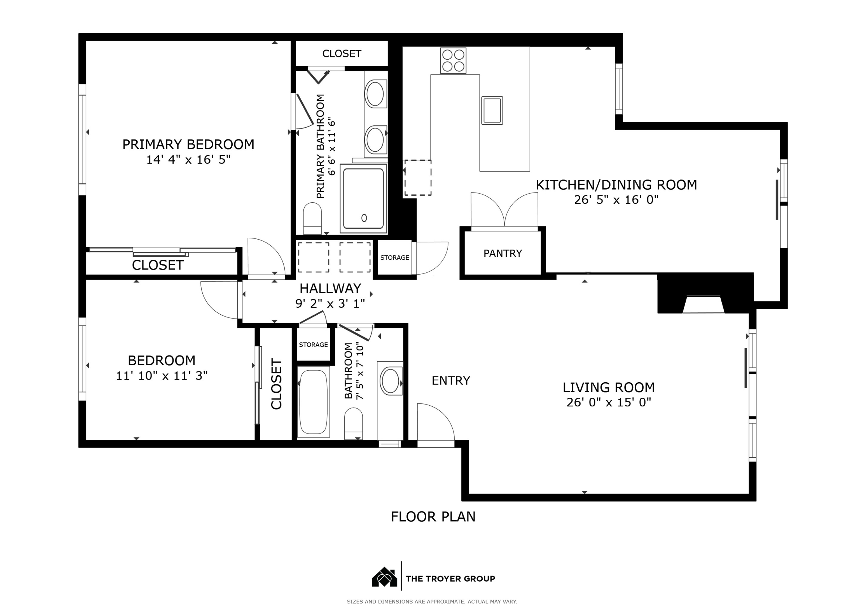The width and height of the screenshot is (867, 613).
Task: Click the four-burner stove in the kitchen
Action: [453, 60]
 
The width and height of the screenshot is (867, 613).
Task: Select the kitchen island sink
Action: [492, 110]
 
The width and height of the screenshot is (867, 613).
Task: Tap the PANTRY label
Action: [502, 253]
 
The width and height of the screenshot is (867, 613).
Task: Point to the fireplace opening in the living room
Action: [703, 305]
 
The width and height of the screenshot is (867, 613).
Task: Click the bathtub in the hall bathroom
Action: [314, 402]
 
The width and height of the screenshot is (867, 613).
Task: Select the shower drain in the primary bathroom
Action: [364, 218]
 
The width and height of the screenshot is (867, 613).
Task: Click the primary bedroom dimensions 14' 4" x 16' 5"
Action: [189, 160]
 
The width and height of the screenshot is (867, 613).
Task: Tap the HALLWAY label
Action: [331, 289]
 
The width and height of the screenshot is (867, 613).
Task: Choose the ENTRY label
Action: [451, 381]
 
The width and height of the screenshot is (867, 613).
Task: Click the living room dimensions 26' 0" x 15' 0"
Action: [609, 403]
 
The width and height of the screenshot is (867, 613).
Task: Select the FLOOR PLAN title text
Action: [433, 517]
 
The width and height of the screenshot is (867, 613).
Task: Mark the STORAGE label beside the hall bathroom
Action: [314, 345]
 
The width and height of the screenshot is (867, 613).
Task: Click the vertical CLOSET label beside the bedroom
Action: [277, 384]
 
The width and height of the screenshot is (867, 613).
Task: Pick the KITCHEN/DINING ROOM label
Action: [616, 185]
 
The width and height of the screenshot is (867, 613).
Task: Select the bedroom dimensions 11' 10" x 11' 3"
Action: [161, 376]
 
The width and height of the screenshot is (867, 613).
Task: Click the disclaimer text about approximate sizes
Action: [432, 602]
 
